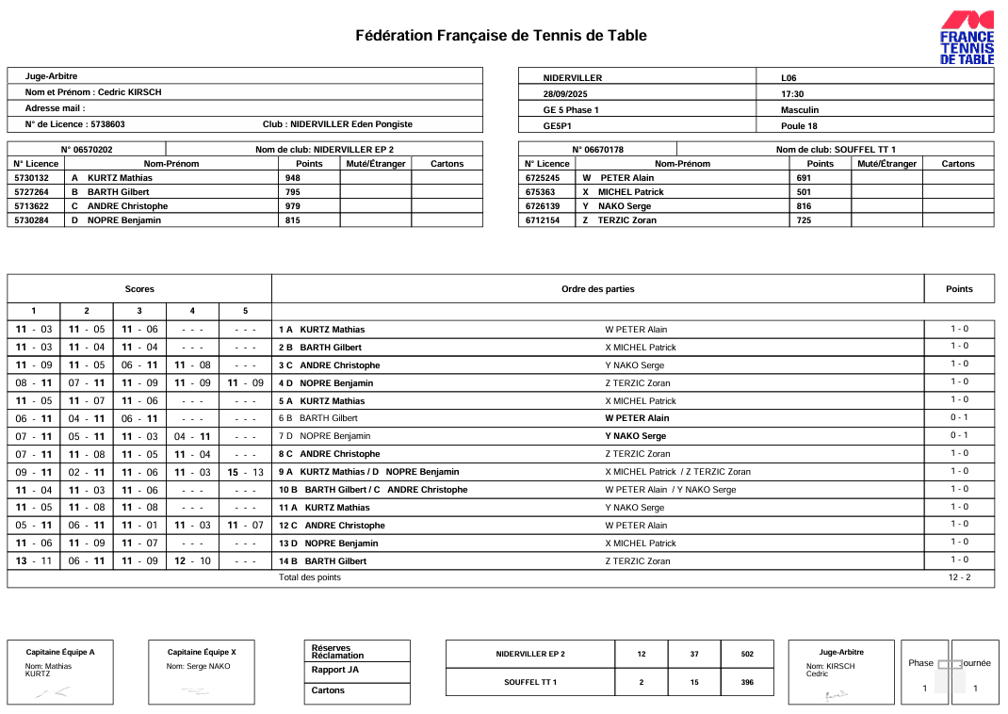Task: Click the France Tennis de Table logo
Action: pyautogui.click(x=967, y=38)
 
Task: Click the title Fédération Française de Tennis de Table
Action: pyautogui.click(x=500, y=36)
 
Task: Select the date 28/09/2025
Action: pyautogui.click(x=565, y=94)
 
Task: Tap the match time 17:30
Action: pyautogui.click(x=792, y=94)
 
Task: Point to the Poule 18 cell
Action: pyautogui.click(x=799, y=125)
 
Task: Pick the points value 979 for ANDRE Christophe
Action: pyautogui.click(x=293, y=206)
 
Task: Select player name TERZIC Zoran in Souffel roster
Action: pyautogui.click(x=626, y=220)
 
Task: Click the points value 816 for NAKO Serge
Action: pyautogui.click(x=804, y=206)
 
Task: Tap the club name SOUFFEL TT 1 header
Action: pyautogui.click(x=836, y=149)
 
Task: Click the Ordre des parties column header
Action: pyautogui.click(x=597, y=289)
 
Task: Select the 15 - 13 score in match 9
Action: pyautogui.click(x=245, y=472)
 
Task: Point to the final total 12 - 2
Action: pyautogui.click(x=959, y=577)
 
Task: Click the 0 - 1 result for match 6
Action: pyautogui.click(x=959, y=417)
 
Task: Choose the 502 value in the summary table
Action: pyautogui.click(x=747, y=654)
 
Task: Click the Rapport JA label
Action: pyautogui.click(x=334, y=670)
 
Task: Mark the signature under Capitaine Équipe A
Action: pyautogui.click(x=52, y=693)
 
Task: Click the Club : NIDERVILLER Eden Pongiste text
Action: pyautogui.click(x=337, y=124)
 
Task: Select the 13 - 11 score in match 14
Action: pyautogui.click(x=34, y=561)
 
